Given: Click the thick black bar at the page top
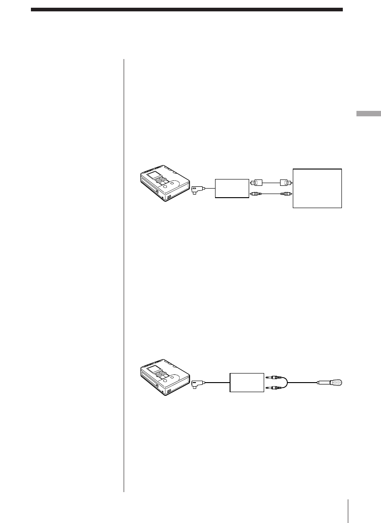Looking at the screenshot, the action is click(x=186, y=9).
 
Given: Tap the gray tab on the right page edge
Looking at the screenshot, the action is click(x=368, y=113).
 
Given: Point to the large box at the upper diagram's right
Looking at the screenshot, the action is click(x=317, y=188).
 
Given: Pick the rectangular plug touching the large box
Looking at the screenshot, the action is click(x=287, y=183).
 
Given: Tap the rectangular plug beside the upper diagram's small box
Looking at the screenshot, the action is click(x=256, y=183).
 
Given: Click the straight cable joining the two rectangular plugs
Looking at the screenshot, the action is click(x=271, y=183).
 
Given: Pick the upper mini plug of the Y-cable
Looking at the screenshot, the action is click(x=272, y=376).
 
